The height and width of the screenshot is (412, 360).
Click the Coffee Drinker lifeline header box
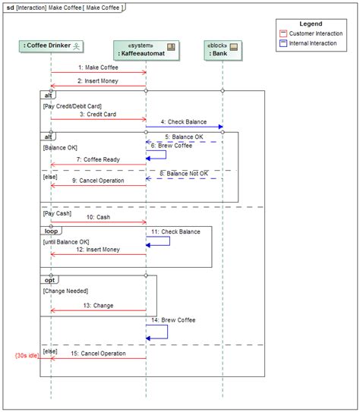click(51, 46)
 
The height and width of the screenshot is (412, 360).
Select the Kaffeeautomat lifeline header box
click(146, 49)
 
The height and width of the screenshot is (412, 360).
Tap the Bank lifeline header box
click(222, 49)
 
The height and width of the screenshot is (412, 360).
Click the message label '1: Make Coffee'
click(98, 68)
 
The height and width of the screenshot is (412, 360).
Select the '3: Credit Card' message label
click(98, 114)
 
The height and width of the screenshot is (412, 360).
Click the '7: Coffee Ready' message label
click(98, 159)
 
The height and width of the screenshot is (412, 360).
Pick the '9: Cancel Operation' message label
click(98, 181)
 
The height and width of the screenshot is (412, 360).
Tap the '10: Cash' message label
click(98, 217)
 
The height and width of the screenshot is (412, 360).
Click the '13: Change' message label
click(98, 305)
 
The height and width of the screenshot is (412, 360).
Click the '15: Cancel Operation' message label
click(98, 353)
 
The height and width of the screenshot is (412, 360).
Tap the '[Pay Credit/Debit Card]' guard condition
click(72, 105)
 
